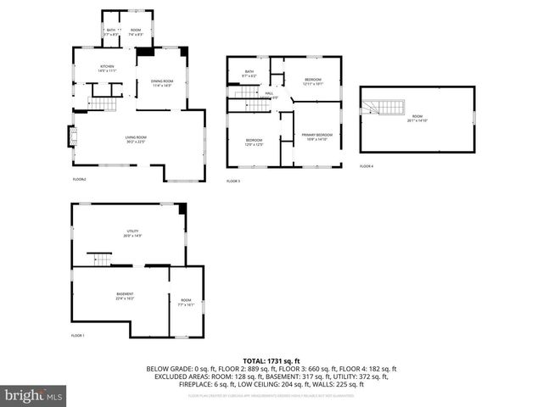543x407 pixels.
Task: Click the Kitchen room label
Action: (x=107, y=67)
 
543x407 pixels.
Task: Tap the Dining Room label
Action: (x=162, y=82)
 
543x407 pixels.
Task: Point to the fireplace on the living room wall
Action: (x=71, y=137)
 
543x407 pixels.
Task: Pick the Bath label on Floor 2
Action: (x=110, y=31)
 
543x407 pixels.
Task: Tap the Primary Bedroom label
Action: (x=316, y=137)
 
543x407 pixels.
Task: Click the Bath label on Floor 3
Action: (x=249, y=73)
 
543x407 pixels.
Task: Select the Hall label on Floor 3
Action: (x=268, y=94)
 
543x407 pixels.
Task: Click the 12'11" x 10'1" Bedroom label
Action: (x=313, y=81)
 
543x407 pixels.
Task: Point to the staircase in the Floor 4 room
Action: (x=383, y=107)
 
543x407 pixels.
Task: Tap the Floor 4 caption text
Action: (x=366, y=166)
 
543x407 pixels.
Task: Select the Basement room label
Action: (x=125, y=296)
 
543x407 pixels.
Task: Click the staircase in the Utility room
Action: (x=101, y=259)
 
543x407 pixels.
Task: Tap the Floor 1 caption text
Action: (x=79, y=336)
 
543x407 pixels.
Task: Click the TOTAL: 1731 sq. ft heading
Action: (x=271, y=361)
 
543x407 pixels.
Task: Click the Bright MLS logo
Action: (x=34, y=395)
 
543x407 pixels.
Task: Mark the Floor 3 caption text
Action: (x=232, y=181)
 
